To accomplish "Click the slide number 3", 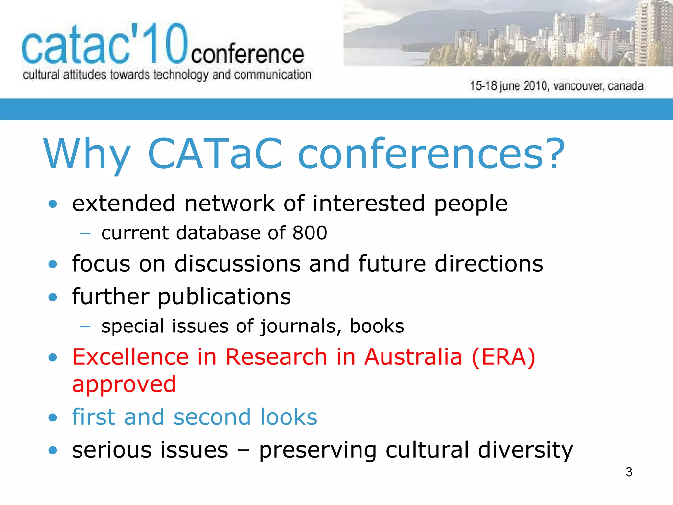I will (x=629, y=472).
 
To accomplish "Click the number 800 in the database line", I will (x=310, y=233).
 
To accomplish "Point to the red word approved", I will (x=124, y=384).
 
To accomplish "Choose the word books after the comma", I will (x=377, y=326).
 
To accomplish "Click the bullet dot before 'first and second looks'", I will (x=53, y=418).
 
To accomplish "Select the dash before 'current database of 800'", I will (x=85, y=233).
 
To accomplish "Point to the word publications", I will (x=224, y=297).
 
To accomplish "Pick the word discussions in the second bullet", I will (x=238, y=264).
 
